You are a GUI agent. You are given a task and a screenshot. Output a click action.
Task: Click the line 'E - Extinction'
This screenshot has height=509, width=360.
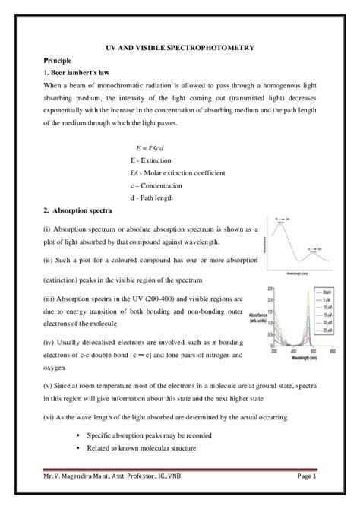[151, 160]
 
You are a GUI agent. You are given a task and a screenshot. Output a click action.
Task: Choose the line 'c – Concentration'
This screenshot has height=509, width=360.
[156, 185]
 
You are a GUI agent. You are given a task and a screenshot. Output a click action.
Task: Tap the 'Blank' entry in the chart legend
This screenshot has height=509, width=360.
[325, 292]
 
